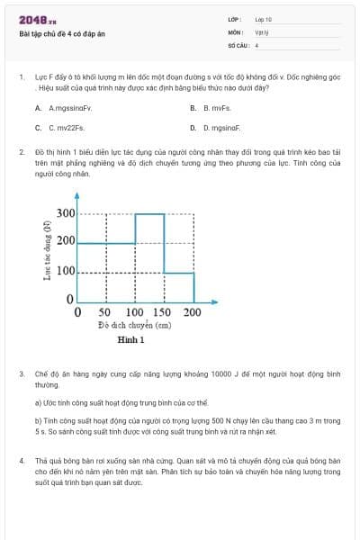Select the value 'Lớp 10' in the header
coord(263,19)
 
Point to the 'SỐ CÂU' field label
coord(237,44)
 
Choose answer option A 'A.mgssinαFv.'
coord(65,108)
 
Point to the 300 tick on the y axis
coord(66,213)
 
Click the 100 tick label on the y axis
coord(66,271)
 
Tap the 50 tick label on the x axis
coord(104,312)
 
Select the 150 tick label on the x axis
coord(163,312)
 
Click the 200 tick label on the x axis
coord(193,312)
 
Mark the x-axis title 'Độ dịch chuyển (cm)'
coord(134,325)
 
